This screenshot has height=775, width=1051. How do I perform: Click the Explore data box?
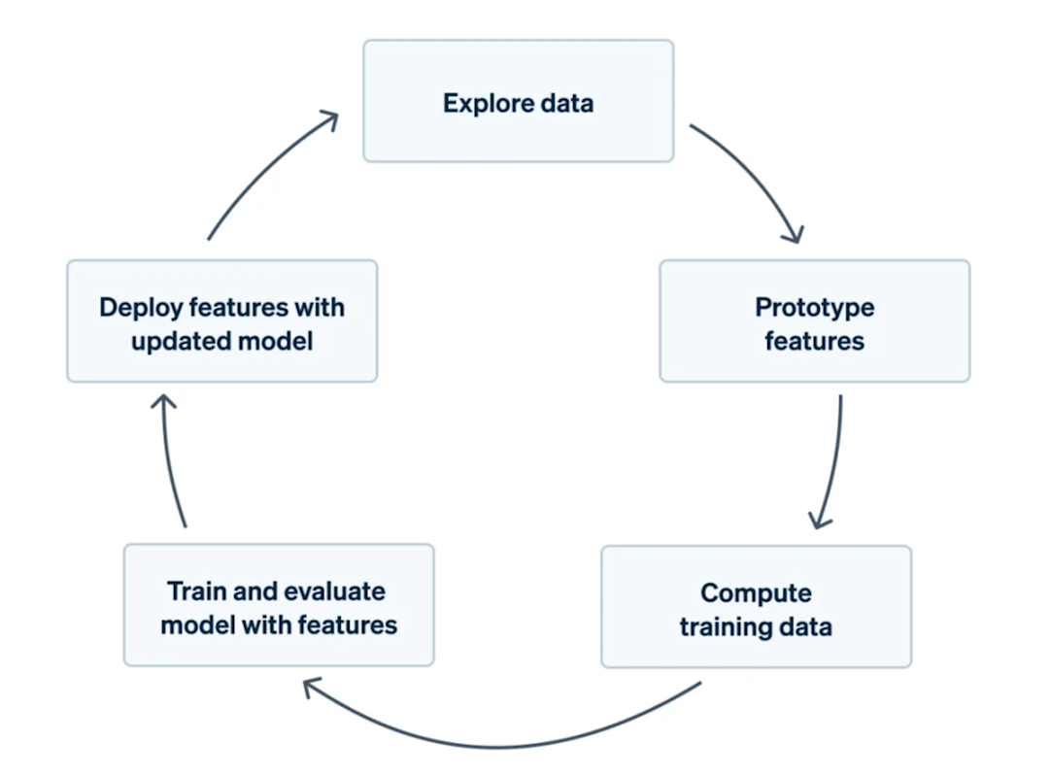(x=518, y=101)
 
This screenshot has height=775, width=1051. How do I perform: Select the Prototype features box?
(x=814, y=320)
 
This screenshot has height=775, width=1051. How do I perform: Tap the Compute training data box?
(x=756, y=607)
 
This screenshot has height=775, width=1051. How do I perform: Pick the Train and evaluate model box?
(x=279, y=605)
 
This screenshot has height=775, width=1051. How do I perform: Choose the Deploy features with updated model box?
(x=221, y=320)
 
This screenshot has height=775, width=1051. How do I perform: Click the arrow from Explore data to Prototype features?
(x=759, y=175)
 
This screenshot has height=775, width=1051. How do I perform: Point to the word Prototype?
(x=814, y=308)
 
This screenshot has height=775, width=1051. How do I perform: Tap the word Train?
(x=195, y=591)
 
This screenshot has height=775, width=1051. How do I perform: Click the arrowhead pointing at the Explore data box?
(x=329, y=119)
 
